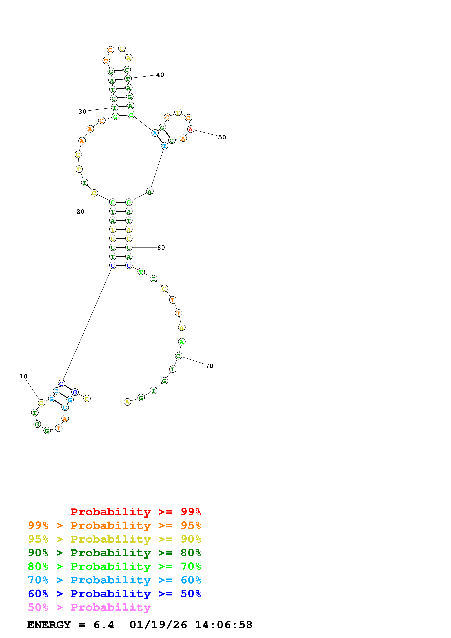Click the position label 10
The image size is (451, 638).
tap(23, 376)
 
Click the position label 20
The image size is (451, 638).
tap(80, 212)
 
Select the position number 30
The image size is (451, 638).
tap(82, 112)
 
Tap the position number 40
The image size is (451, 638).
tap(160, 75)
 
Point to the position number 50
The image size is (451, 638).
tap(222, 137)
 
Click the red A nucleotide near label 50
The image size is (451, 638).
tap(191, 129)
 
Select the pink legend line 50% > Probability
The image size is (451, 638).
tap(89, 607)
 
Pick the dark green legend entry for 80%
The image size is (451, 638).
tap(114, 553)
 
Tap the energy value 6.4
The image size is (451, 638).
tap(104, 625)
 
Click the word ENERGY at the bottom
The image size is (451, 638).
tap(49, 625)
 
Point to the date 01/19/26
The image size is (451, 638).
tap(158, 625)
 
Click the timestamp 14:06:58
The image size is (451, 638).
tap(223, 625)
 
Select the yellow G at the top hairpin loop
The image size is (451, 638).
tap(122, 48)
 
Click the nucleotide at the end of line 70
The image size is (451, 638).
tap(178, 356)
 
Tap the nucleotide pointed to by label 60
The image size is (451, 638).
tap(129, 247)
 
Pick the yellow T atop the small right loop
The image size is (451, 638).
tap(178, 112)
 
